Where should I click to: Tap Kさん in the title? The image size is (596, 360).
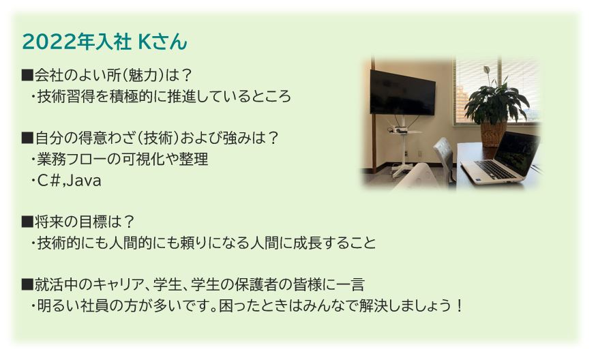[x=163, y=42]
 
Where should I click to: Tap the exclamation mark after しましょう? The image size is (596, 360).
[x=460, y=305]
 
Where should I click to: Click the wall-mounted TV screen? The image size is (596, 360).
[x=402, y=92]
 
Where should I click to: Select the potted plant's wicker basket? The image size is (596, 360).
[x=493, y=134]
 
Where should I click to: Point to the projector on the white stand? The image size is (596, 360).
[x=399, y=130]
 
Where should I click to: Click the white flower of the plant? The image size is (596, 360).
[x=486, y=70]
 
